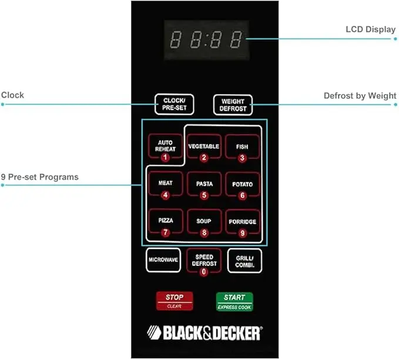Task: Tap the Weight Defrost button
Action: [x=233, y=105]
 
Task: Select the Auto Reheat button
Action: [x=165, y=149]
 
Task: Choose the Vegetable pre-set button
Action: [x=203, y=149]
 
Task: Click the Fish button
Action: [x=242, y=149]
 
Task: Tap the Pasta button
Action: [x=203, y=187]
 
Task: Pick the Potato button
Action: [x=242, y=187]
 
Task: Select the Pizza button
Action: [x=165, y=224]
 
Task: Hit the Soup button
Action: [x=203, y=224]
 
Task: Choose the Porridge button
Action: [x=242, y=224]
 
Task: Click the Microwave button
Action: [x=163, y=260]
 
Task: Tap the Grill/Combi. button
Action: [x=244, y=260]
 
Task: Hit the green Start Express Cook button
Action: [x=234, y=302]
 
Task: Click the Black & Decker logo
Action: [x=203, y=333]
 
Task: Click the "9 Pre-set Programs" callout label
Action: [x=39, y=177]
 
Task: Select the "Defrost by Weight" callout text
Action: [x=360, y=96]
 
